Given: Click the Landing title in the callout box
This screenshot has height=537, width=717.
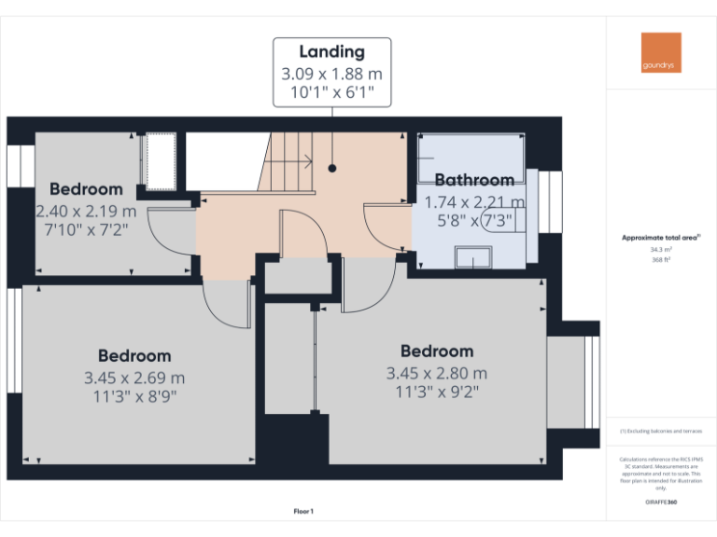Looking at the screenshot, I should coord(331,52).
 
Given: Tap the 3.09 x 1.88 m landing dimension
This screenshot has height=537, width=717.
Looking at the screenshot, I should coord(331,73).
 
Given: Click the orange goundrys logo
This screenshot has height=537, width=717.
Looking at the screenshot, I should coord(661,52).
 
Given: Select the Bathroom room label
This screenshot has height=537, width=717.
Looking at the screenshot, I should coord(474,180).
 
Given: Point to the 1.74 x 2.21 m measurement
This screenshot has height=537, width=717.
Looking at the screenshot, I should coord(474,201).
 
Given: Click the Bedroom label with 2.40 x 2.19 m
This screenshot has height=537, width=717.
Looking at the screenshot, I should coord(86,188).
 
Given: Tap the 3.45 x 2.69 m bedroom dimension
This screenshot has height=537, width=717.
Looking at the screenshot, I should coord(134,378).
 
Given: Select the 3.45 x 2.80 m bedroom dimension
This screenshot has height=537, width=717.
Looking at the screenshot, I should coord(437,373).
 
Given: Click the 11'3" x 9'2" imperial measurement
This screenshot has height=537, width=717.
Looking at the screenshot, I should coord(437,392).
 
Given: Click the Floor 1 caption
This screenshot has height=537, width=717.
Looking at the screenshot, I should coord(303,511).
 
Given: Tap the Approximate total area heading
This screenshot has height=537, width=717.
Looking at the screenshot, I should coord(660,238).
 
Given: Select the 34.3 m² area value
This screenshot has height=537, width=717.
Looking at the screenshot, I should coord(660,249).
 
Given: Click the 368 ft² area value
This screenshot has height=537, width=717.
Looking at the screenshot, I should coord(660,260).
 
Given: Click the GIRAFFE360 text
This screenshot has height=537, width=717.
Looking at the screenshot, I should coord(660,502).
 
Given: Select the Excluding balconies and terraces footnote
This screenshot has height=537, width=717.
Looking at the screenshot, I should coord(660,431).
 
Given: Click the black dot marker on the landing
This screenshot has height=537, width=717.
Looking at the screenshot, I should coord(331,169).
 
